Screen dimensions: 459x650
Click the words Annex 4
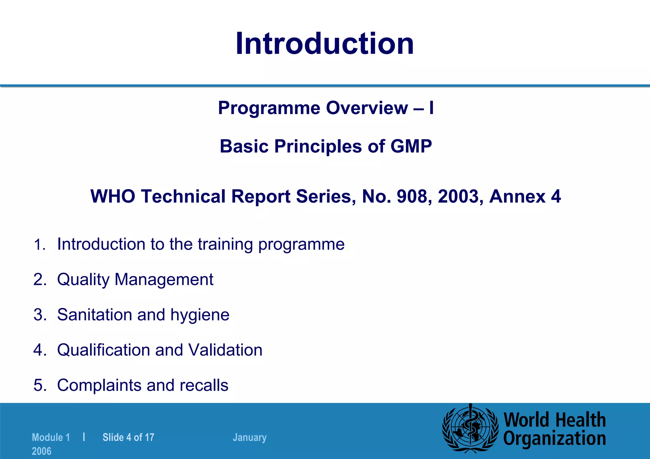coord(525,196)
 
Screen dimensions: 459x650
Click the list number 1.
coord(39,245)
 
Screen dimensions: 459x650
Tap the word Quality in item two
coord(83,280)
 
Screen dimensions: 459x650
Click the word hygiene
coord(200,315)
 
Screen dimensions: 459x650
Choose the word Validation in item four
coord(225,350)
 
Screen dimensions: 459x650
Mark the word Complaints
coord(99,385)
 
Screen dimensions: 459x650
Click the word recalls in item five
coord(204,385)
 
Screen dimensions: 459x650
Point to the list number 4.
coord(39,350)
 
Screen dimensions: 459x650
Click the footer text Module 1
coord(51,437)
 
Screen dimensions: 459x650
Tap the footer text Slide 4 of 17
coord(128,437)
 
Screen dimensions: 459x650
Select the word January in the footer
coord(249,437)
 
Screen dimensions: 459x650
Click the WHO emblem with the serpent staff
coord(470,428)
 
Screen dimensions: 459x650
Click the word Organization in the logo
coord(554,439)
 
